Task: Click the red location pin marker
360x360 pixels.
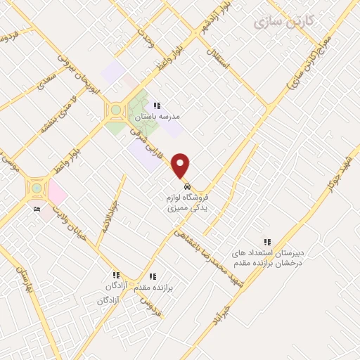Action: coord(181,165)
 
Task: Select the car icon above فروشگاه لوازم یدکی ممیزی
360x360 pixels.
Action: coord(187,187)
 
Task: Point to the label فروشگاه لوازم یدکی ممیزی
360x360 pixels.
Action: coord(186,204)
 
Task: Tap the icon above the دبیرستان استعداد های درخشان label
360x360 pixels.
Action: coord(266,240)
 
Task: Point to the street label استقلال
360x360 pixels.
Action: coord(220,65)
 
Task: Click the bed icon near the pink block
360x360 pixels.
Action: coord(37,209)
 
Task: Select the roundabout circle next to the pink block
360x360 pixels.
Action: coord(36,188)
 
